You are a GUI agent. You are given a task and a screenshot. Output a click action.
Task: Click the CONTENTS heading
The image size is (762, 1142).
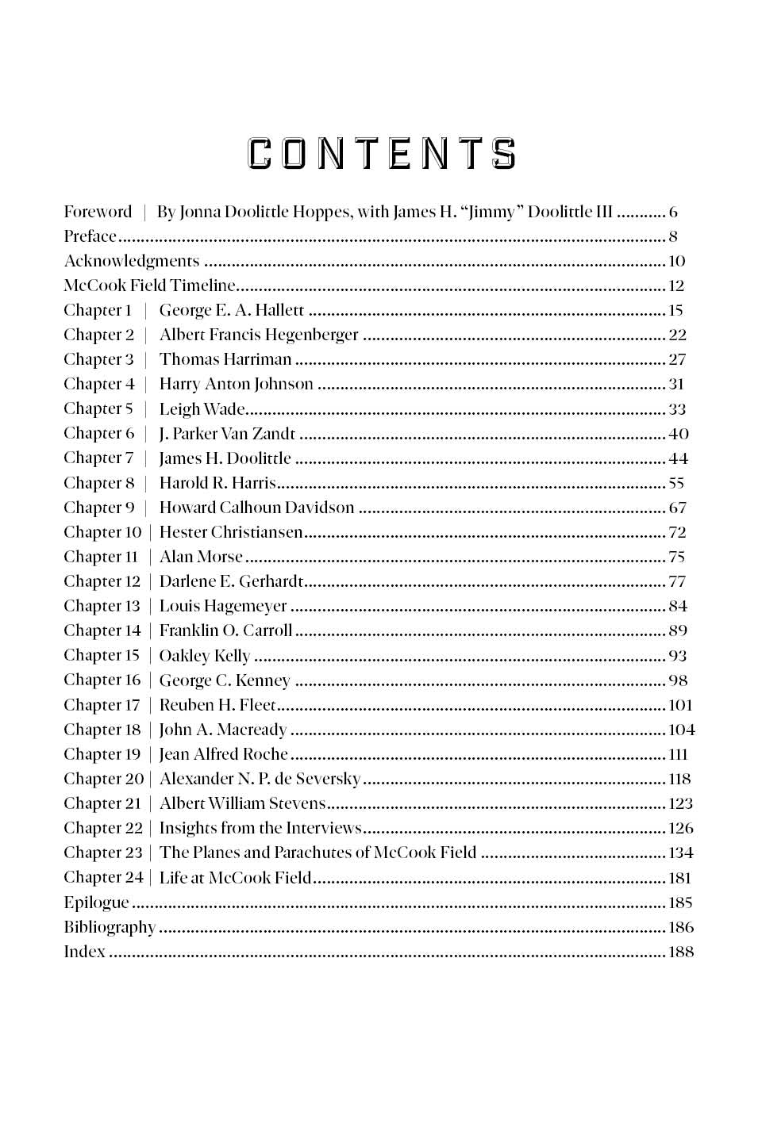pos(382,154)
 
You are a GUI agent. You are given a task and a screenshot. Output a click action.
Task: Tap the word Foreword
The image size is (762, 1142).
pos(98,212)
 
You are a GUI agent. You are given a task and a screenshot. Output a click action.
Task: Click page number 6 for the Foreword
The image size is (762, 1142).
pos(673,212)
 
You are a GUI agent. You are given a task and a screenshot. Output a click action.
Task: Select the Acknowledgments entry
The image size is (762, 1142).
pos(132,261)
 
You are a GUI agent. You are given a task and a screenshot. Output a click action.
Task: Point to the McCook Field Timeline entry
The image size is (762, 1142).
pos(150,285)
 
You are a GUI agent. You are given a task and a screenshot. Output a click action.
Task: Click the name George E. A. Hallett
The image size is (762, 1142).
pos(232,310)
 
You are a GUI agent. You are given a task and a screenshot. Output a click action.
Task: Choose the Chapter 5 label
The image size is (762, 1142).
pos(98,408)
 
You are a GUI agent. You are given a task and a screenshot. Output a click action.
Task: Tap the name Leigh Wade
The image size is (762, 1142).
pos(202,409)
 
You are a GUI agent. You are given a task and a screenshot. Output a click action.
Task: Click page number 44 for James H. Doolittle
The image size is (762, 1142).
pos(678,458)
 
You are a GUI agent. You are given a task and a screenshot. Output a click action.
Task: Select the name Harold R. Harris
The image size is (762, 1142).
pos(217,483)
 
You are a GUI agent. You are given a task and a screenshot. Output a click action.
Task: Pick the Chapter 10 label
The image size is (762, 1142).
pos(102,532)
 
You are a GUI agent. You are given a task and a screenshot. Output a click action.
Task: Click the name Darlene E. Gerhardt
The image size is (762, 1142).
pos(231,581)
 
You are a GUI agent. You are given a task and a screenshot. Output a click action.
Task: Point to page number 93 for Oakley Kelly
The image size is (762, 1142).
pos(677,656)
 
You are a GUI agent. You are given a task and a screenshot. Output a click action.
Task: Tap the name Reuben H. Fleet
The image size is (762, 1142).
pos(217,705)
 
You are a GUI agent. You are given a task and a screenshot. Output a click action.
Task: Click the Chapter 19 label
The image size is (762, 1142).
pos(102,754)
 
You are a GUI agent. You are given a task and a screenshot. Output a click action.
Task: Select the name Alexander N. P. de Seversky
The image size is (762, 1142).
pos(260,779)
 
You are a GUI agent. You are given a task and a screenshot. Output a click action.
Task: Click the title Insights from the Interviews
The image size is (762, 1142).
pos(260,828)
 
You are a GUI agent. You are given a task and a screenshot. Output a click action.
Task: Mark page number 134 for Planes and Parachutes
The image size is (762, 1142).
pos(680,853)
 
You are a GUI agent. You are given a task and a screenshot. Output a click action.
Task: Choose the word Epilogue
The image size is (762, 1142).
pos(96,902)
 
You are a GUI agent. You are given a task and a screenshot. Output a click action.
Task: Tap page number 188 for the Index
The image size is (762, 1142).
pos(680,952)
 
